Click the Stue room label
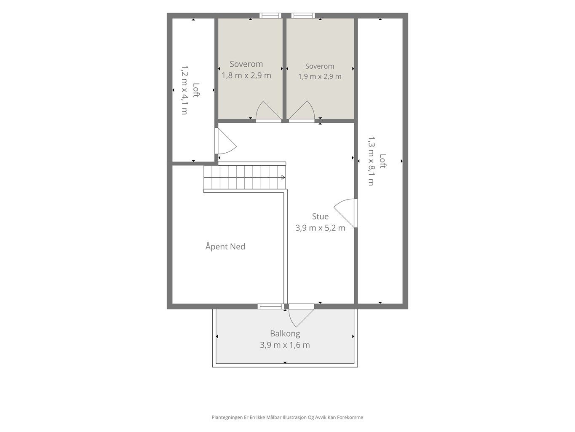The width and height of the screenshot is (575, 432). click(x=320, y=216)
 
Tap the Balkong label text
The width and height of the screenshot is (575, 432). click(x=285, y=334)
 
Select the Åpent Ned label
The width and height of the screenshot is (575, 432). click(x=225, y=246)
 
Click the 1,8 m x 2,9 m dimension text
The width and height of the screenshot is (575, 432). click(x=246, y=76)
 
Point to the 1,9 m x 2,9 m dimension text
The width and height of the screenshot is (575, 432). click(x=320, y=77)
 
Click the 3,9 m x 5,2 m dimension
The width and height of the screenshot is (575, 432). click(x=320, y=228)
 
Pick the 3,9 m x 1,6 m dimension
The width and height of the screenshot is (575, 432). click(x=285, y=345)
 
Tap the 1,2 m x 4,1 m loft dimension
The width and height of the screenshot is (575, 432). click(x=185, y=90)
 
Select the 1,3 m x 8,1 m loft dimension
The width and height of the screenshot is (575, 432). click(x=372, y=161)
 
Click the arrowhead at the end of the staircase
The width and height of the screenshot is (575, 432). click(x=283, y=177)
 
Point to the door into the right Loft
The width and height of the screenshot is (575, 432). click(x=344, y=213)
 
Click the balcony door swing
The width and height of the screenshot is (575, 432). click(x=301, y=318)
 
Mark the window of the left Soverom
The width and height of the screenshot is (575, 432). click(x=270, y=16)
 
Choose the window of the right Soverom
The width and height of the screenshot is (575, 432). click(x=303, y=16)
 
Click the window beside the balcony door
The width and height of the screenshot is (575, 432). click(x=270, y=306)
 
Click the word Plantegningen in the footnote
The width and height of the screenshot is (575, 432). click(x=227, y=417)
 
